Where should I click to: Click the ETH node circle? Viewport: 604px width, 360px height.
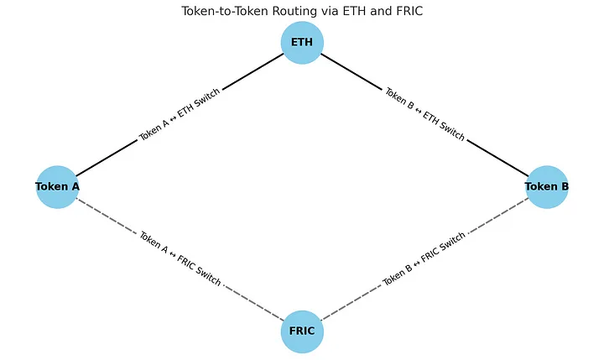click(302, 43)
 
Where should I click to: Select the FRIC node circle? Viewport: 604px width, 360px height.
click(302, 331)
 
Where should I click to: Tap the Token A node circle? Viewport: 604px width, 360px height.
click(57, 186)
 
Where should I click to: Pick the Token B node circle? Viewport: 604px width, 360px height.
click(547, 186)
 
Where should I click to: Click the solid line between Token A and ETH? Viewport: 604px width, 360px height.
click(105, 159)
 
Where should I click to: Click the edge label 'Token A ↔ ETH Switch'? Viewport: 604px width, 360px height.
click(180, 114)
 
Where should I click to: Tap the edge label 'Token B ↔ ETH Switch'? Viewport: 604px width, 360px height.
click(424, 114)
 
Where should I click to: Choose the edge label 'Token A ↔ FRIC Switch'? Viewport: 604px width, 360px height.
click(180, 258)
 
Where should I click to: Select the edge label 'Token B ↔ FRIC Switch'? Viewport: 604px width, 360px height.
click(424, 258)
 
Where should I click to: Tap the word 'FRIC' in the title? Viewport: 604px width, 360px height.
click(407, 11)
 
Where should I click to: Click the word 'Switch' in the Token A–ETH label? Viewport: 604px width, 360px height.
click(206, 99)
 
